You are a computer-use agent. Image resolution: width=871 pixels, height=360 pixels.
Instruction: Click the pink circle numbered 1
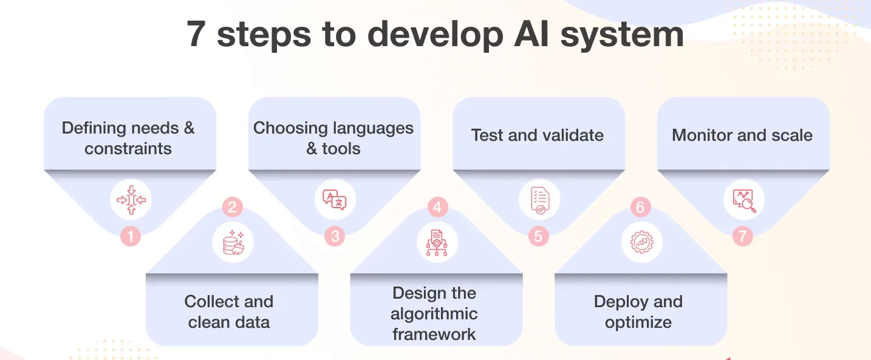click(x=130, y=236)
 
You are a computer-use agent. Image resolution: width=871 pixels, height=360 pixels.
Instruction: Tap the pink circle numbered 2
click(x=233, y=207)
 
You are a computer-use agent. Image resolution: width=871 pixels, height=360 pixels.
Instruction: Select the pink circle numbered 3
click(x=335, y=236)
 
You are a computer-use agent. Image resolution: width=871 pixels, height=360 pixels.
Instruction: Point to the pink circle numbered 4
click(x=437, y=207)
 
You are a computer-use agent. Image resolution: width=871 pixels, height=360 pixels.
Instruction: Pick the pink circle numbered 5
click(x=539, y=236)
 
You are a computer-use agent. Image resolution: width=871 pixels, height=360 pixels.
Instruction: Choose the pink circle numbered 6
click(x=640, y=207)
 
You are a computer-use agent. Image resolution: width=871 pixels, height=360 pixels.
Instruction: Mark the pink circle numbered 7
click(x=743, y=236)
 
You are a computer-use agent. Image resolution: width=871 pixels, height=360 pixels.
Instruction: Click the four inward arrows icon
click(x=131, y=200)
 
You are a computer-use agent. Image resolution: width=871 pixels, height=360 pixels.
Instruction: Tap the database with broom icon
click(x=233, y=242)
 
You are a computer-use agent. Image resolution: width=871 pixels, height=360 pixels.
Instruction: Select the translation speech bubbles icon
click(x=335, y=200)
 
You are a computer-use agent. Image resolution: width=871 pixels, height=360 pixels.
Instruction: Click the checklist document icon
click(x=540, y=200)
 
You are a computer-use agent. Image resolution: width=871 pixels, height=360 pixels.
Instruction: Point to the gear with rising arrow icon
click(x=641, y=242)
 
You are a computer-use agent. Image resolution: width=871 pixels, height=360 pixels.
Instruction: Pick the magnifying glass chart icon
click(x=744, y=200)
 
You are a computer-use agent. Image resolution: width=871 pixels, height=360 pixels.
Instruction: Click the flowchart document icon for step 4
click(x=437, y=243)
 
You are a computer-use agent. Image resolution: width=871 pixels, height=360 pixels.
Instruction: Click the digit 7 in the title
click(x=196, y=34)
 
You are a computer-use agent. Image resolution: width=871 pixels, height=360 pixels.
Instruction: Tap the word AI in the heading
click(x=531, y=34)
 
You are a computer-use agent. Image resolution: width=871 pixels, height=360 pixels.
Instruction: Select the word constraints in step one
click(x=128, y=149)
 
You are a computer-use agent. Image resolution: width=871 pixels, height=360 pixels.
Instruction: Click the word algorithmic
click(x=434, y=314)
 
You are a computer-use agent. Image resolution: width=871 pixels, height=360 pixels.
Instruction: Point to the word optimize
click(x=638, y=323)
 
